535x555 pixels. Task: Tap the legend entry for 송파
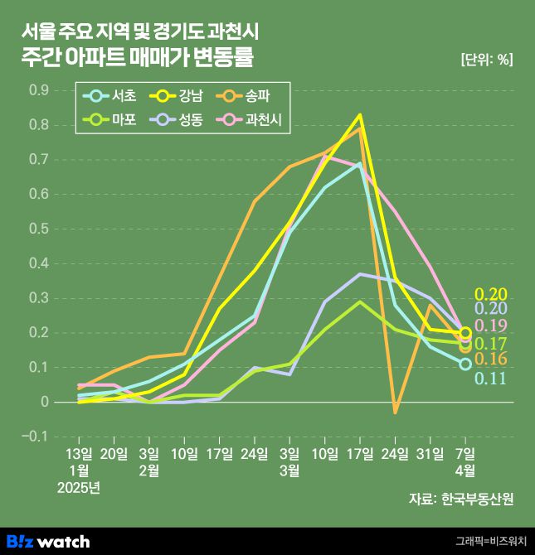[250, 96]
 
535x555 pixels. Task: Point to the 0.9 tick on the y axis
[39, 89]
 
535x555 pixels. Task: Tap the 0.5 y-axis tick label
[39, 229]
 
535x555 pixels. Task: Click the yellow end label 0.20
[490, 293]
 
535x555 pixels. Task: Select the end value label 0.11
[490, 379]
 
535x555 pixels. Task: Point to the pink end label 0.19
[490, 326]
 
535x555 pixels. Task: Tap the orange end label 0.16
[490, 360]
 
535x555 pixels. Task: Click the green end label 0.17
[490, 343]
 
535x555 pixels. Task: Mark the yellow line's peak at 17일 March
[360, 114]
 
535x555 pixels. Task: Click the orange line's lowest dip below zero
[396, 412]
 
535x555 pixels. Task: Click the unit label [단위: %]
[485, 59]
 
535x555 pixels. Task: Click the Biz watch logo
[48, 541]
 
